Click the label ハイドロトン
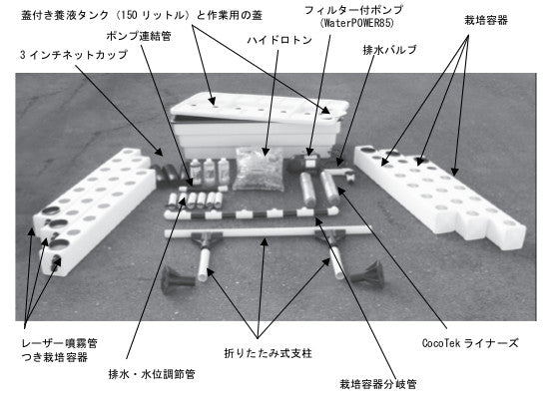point(279,40)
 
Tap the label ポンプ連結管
point(139,36)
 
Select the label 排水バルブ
point(389,50)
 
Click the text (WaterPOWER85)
point(357,23)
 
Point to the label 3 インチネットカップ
point(74,55)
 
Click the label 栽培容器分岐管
point(378,384)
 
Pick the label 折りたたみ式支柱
point(269,353)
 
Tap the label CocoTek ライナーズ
point(470,343)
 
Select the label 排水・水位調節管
point(152,374)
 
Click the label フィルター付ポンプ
point(353,10)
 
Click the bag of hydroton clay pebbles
point(259,170)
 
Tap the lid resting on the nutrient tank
point(260,108)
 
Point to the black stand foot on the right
point(367,273)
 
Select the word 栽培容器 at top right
point(486,20)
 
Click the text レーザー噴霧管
point(59,343)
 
